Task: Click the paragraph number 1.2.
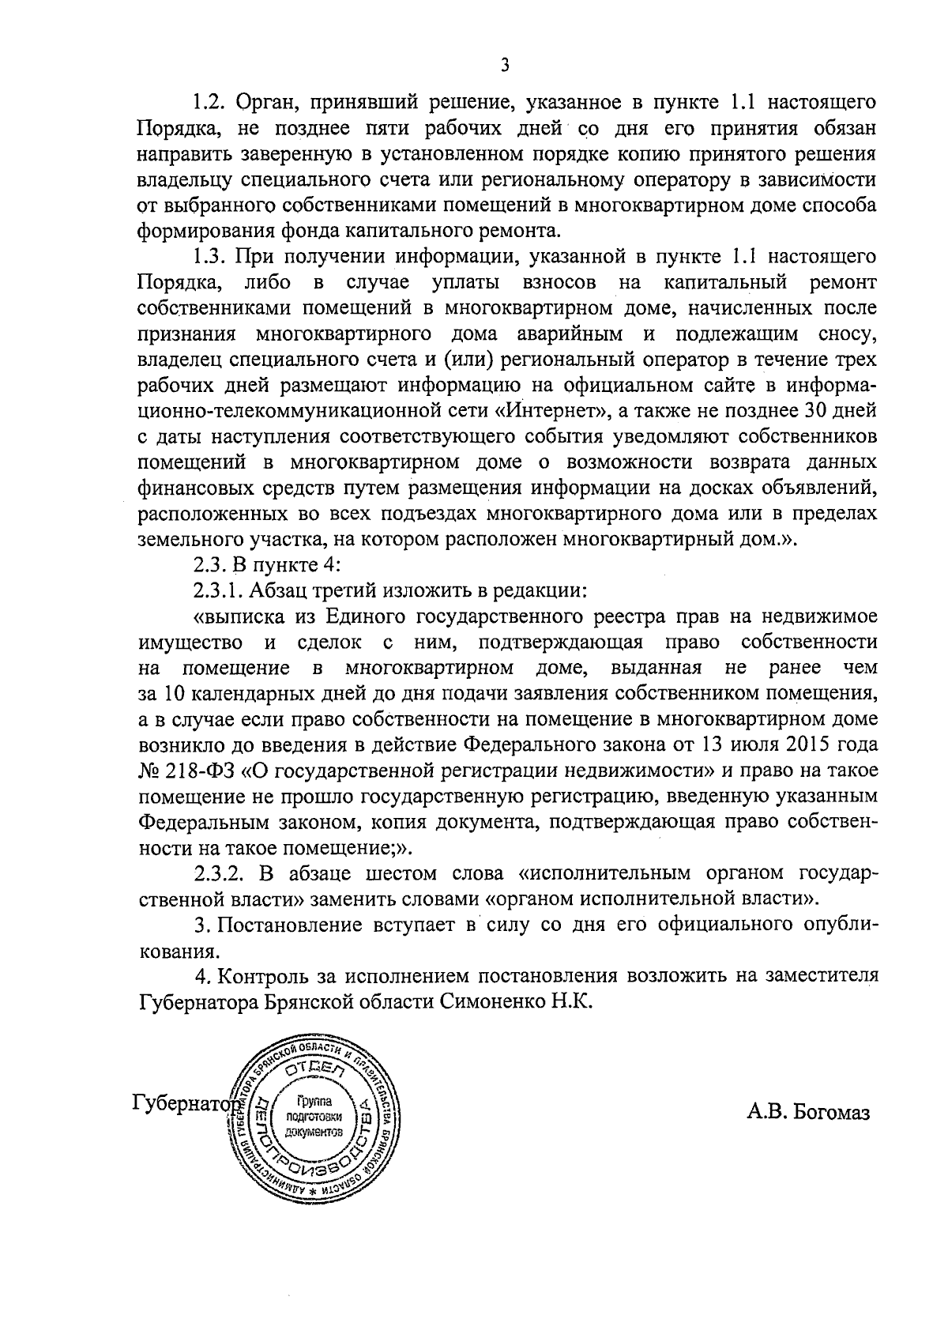210,103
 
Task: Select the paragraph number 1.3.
210,257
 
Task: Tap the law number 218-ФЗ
201,771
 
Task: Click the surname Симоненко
489,1001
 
